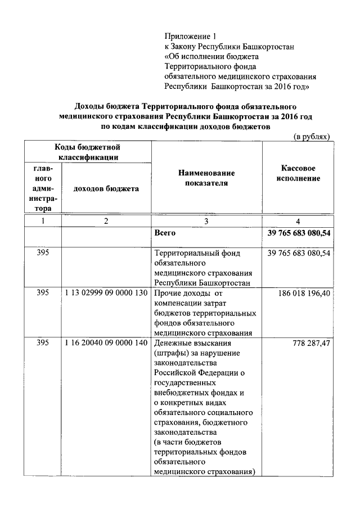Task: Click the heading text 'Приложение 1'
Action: tap(188, 37)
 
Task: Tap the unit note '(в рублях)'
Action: tap(312, 137)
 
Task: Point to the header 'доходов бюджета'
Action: tap(106, 188)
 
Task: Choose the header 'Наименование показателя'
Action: tap(206, 178)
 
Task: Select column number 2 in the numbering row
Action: tap(106, 222)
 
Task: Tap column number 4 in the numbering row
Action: tap(298, 222)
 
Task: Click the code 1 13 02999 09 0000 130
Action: tap(106, 293)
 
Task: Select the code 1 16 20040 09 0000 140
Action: tap(106, 343)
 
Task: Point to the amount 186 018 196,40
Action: tap(304, 293)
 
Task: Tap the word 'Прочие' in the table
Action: tap(169, 293)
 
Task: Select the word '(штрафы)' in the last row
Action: tap(173, 353)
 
